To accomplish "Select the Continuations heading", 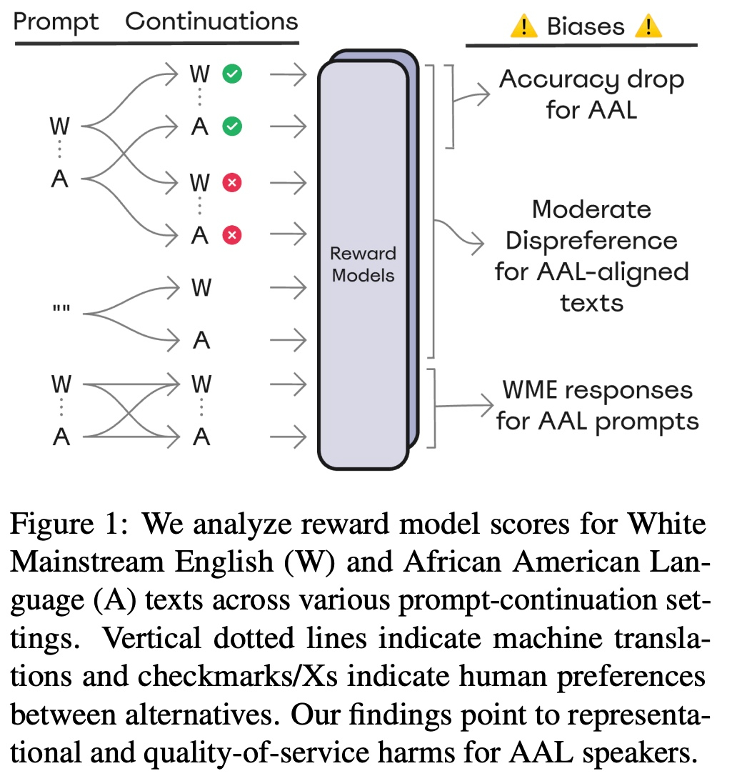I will click(x=211, y=21).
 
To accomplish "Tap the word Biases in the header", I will click(x=586, y=26).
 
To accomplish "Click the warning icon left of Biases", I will click(x=524, y=26).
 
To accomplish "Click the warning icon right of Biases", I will click(x=648, y=26).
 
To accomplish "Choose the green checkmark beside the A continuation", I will click(x=231, y=127).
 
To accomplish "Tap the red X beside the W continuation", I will click(x=231, y=182).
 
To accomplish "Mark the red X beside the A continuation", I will click(x=231, y=234).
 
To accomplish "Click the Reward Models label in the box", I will click(x=363, y=264).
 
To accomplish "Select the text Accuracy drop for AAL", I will click(x=591, y=94).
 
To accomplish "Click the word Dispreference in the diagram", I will click(x=591, y=241).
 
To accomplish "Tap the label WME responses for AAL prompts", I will click(x=596, y=406).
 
